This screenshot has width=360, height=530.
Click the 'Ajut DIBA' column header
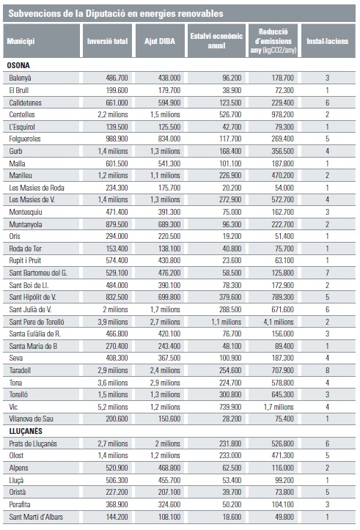click(160, 41)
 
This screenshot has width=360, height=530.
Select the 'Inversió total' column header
click(107, 41)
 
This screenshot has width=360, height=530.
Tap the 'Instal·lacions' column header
click(327, 41)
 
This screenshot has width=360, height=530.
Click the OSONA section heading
click(18, 65)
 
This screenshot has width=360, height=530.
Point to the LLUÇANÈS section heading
click(25, 431)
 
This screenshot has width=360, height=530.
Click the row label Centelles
click(22, 114)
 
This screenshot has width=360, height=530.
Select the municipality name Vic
click(13, 407)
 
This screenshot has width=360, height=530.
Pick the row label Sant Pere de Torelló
click(37, 322)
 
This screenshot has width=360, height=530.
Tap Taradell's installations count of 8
click(327, 370)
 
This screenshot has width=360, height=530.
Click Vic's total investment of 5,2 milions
click(113, 407)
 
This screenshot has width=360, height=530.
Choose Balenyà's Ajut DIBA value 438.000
click(169, 78)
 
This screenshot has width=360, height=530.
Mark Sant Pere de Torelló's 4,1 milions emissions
click(279, 322)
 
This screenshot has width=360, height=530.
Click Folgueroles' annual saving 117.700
click(230, 139)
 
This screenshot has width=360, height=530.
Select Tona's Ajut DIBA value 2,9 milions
click(165, 383)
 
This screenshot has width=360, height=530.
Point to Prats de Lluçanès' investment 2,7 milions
click(113, 443)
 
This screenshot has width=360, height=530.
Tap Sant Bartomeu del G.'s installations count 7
click(327, 273)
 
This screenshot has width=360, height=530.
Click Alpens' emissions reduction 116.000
click(282, 468)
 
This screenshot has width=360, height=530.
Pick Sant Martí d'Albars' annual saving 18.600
click(232, 517)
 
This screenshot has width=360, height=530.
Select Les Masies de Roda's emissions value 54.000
click(284, 188)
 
